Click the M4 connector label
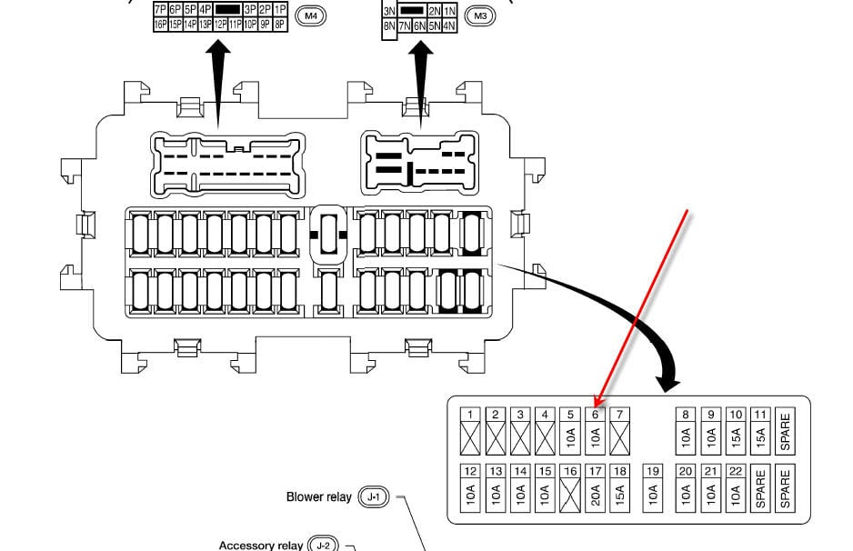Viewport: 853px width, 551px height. [311, 16]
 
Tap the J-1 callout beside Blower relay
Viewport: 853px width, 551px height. [374, 496]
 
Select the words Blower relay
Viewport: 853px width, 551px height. [318, 496]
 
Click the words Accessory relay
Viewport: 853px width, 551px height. [260, 545]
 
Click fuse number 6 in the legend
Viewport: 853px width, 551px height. [595, 415]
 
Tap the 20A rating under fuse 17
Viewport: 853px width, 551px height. [595, 495]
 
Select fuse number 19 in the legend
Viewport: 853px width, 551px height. [652, 471]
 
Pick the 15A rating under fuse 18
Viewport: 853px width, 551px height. [619, 495]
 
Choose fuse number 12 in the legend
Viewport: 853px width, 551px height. [470, 471]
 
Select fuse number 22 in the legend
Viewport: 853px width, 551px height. [736, 471]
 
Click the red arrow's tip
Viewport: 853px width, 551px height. [597, 405]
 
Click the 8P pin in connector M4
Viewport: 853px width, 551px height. [280, 25]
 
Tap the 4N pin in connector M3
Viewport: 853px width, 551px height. [449, 26]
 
